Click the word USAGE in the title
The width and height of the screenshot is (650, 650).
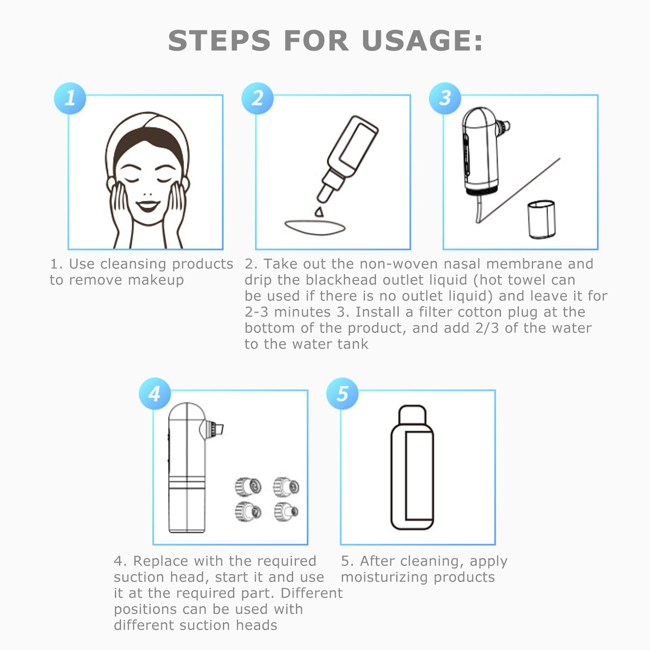coord(422,41)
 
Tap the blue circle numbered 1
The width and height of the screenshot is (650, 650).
coord(70,98)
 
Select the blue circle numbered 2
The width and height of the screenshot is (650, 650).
coord(258,98)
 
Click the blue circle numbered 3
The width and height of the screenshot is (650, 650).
coord(445,98)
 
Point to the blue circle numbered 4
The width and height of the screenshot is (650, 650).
coord(155,394)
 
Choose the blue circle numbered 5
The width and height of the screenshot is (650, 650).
coord(342,394)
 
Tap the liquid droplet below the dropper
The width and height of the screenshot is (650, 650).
coord(319,212)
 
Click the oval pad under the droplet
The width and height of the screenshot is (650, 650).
coord(315,227)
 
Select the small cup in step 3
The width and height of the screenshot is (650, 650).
coord(542,219)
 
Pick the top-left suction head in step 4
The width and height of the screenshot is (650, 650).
coord(248,486)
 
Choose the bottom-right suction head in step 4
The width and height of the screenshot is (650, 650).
coord(286,511)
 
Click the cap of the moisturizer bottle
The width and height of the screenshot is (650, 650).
coord(412,414)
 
